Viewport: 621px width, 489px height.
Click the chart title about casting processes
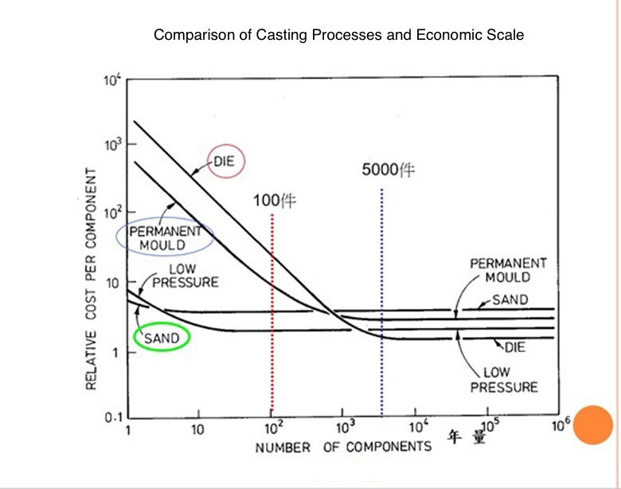(338, 35)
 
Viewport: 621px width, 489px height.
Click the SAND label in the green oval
(162, 338)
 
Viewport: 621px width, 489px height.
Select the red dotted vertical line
(272, 319)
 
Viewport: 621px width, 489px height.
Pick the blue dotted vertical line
(382, 303)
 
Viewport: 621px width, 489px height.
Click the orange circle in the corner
(592, 424)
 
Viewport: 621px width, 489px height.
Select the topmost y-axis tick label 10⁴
(111, 79)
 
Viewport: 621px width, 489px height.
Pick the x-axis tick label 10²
(272, 430)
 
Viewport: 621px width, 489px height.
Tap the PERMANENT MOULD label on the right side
(508, 270)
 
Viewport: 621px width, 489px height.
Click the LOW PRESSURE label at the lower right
(503, 380)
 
